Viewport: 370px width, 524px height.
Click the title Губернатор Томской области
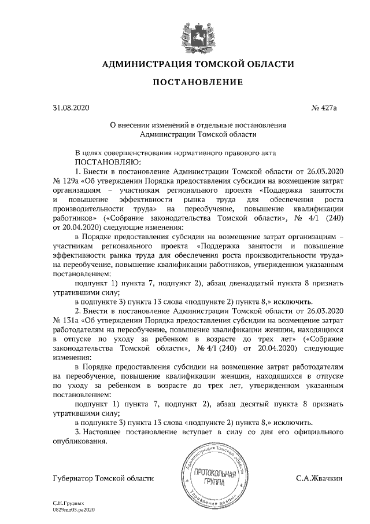point(103,478)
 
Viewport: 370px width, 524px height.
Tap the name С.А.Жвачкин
point(319,478)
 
